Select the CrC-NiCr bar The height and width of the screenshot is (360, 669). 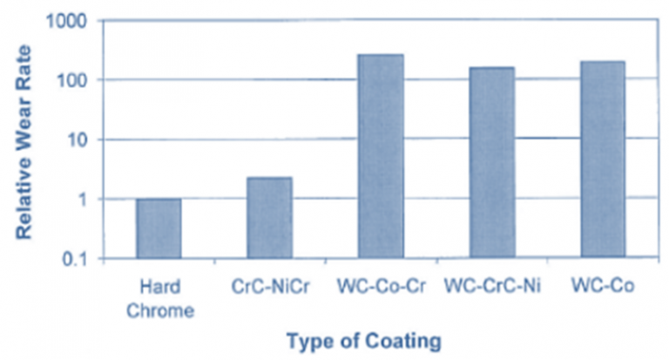pyautogui.click(x=268, y=217)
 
